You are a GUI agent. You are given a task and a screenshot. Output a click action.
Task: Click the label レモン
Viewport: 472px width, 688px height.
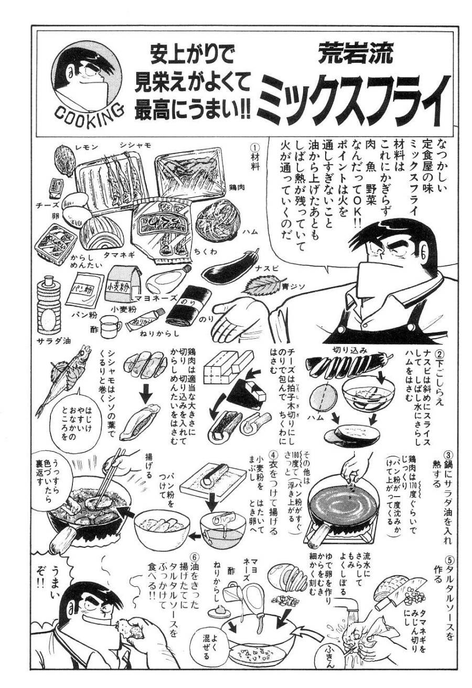pos(71,143)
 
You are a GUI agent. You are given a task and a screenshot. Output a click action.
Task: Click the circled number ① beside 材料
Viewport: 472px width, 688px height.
pos(253,148)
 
